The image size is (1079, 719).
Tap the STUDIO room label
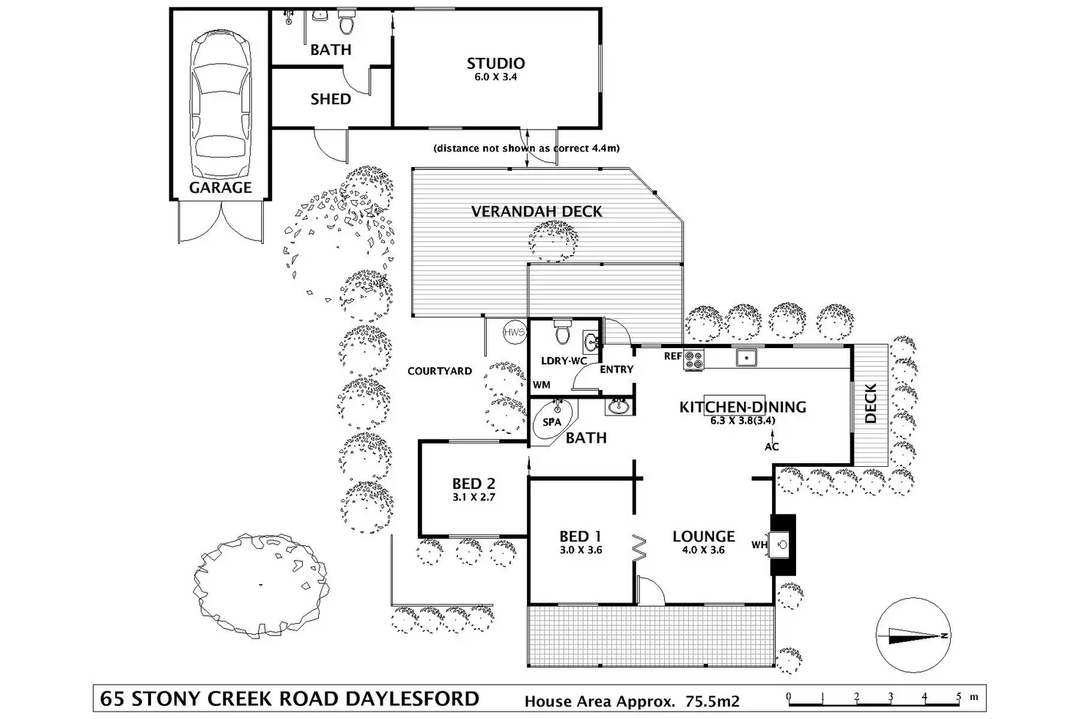[x=496, y=63]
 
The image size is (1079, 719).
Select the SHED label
[x=331, y=99]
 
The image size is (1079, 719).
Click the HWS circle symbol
[x=515, y=332]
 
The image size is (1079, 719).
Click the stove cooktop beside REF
[x=693, y=360]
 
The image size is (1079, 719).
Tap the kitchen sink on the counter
[x=746, y=358]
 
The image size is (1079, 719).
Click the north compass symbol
[x=913, y=635]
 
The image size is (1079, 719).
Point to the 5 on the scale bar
[x=959, y=696]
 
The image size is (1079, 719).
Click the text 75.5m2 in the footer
[x=712, y=701]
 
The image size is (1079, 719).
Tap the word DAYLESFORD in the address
[x=413, y=698]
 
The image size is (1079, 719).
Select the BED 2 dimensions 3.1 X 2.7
[x=474, y=497]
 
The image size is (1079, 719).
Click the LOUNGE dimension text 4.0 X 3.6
[x=703, y=550]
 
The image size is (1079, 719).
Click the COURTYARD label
[x=439, y=371]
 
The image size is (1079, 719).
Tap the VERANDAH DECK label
[x=537, y=211]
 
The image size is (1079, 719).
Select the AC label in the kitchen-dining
[x=772, y=447]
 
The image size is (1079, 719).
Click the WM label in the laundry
[x=542, y=385]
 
